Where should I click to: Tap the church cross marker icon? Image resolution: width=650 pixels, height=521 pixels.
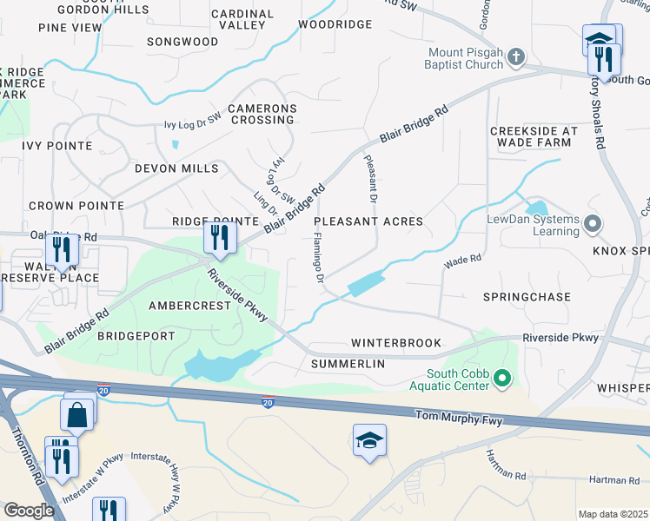(x=517, y=57)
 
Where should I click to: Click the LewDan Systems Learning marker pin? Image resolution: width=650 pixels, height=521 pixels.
(x=593, y=225)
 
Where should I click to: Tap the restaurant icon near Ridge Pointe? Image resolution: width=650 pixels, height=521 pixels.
(x=220, y=237)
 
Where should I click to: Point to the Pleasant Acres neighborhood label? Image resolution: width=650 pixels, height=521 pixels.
(x=368, y=221)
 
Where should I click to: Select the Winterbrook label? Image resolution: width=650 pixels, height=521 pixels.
(x=396, y=343)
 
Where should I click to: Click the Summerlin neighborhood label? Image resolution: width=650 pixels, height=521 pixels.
(x=348, y=364)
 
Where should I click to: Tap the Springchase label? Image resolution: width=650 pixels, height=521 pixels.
(x=527, y=297)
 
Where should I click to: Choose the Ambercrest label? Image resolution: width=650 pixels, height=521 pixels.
(x=189, y=306)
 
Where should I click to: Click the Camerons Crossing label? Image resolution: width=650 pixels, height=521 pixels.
(x=262, y=115)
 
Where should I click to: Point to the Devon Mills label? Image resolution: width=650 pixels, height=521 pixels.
(x=176, y=168)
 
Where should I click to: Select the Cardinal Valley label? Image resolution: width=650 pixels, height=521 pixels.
(x=242, y=19)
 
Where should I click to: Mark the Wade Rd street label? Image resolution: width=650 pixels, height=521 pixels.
(x=462, y=260)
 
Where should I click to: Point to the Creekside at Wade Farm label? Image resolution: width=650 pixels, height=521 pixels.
(x=534, y=136)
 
